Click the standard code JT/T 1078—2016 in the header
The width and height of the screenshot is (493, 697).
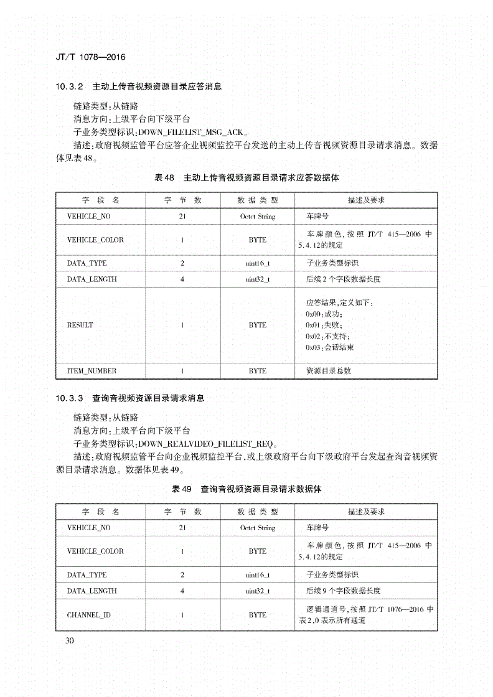[x=90, y=57]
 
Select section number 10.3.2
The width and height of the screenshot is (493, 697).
[x=69, y=87]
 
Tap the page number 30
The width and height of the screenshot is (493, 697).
[x=69, y=641]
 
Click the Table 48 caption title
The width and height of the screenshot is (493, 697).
[x=247, y=177]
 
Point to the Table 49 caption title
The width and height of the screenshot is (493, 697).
[x=247, y=489]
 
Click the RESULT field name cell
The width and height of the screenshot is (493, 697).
[x=80, y=325]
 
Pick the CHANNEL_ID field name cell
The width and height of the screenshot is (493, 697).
[x=89, y=615]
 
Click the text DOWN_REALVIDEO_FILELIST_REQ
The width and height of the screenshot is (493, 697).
[x=206, y=444]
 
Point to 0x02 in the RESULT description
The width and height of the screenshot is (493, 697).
[x=314, y=336]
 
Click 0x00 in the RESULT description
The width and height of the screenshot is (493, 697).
[x=314, y=314]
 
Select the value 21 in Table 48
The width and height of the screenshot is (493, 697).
[x=182, y=217]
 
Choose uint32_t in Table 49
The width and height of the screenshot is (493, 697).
[x=258, y=591]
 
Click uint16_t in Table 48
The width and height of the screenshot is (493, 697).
[x=258, y=263]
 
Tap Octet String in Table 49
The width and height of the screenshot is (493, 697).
[x=258, y=528]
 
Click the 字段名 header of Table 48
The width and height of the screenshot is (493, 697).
[x=101, y=200]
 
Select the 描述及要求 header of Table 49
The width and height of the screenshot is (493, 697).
[x=366, y=512]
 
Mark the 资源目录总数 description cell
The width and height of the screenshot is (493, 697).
[x=329, y=371]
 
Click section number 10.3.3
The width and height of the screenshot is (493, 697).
[x=69, y=398]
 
